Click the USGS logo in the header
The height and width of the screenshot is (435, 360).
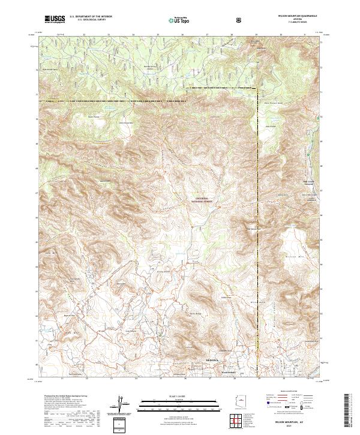(x=55, y=19)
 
